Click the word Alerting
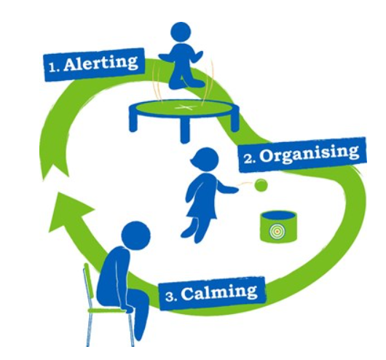point(101,63)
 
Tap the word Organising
point(309,154)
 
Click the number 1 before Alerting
point(54,67)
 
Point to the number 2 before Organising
point(250,159)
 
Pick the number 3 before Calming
point(171,296)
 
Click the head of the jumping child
point(181,33)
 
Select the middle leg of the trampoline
point(185,131)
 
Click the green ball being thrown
point(261,184)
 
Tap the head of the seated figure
point(135,235)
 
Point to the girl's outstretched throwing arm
point(228,187)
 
